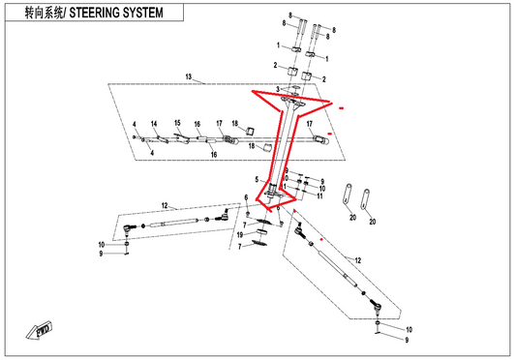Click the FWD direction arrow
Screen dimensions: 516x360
[x=40, y=330]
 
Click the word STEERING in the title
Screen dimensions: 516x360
[x=94, y=13]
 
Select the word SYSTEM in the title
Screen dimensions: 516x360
[x=142, y=13]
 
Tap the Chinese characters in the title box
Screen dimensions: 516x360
[x=44, y=13]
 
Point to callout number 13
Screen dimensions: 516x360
[x=188, y=76]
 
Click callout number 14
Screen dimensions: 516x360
[x=154, y=124]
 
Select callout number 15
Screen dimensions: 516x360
[x=177, y=123]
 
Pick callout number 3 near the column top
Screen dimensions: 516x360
[x=278, y=89]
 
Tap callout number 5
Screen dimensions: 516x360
[x=257, y=179]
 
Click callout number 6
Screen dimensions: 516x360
[x=246, y=197]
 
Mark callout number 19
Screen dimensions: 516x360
[x=240, y=234]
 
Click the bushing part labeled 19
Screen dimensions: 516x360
[x=262, y=232]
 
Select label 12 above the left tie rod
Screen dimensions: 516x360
[x=165, y=206]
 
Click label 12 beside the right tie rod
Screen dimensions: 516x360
[x=358, y=260]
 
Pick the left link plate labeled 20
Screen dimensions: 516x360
[x=348, y=195]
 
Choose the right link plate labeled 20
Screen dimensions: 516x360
[x=365, y=199]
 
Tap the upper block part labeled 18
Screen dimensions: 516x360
[x=251, y=131]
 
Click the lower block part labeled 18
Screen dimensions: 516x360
[x=266, y=148]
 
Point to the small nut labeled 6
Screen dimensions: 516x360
[x=248, y=214]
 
